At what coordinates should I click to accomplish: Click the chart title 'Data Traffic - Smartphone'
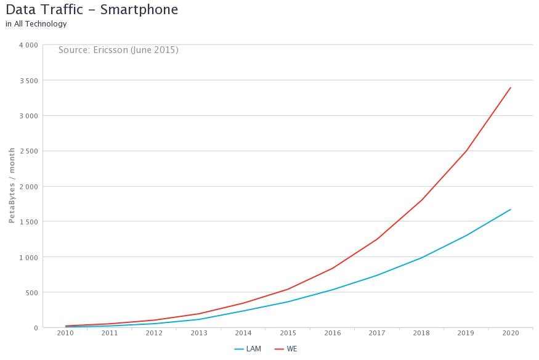[92, 10]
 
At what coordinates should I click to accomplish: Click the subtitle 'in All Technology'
[36, 24]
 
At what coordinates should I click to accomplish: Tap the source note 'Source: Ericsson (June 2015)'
[118, 50]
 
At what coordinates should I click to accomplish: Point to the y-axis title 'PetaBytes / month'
[12, 186]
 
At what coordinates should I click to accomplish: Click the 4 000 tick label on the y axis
[28, 45]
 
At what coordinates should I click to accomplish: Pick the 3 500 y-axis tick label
[28, 81]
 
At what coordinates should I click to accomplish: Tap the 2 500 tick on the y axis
[28, 151]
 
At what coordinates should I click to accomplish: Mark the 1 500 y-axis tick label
[28, 222]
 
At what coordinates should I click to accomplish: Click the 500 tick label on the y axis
[31, 292]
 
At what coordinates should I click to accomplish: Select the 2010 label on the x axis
[65, 333]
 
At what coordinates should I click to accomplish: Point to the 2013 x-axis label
[199, 333]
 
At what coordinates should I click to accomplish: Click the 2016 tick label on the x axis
[333, 333]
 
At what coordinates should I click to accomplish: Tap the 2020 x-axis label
[511, 333]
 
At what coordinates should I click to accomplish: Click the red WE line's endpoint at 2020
[511, 88]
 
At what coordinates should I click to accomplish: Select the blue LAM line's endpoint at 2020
[511, 210]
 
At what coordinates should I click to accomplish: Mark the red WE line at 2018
[422, 200]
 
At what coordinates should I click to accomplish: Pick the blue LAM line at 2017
[377, 276]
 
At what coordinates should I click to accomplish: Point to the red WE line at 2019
[466, 151]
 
